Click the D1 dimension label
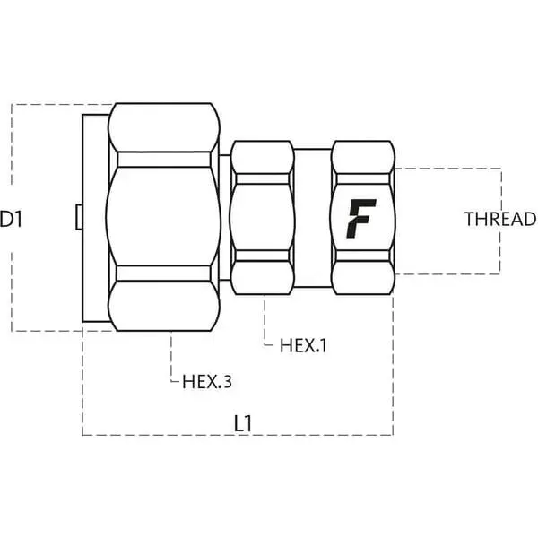[11, 219]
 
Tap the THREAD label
[500, 219]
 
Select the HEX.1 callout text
[303, 345]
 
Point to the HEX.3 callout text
[207, 382]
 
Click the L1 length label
[243, 423]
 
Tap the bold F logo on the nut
[361, 219]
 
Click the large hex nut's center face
[163, 217]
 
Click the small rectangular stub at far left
[79, 217]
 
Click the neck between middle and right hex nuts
[313, 218]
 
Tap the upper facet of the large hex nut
[164, 127]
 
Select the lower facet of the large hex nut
[164, 306]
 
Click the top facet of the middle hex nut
[263, 157]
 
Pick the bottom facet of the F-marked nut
[362, 277]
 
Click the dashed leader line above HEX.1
[265, 320]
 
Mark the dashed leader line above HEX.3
[171, 357]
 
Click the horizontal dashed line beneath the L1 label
[238, 435]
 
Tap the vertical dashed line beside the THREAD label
[500, 221]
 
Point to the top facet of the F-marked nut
[362, 157]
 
